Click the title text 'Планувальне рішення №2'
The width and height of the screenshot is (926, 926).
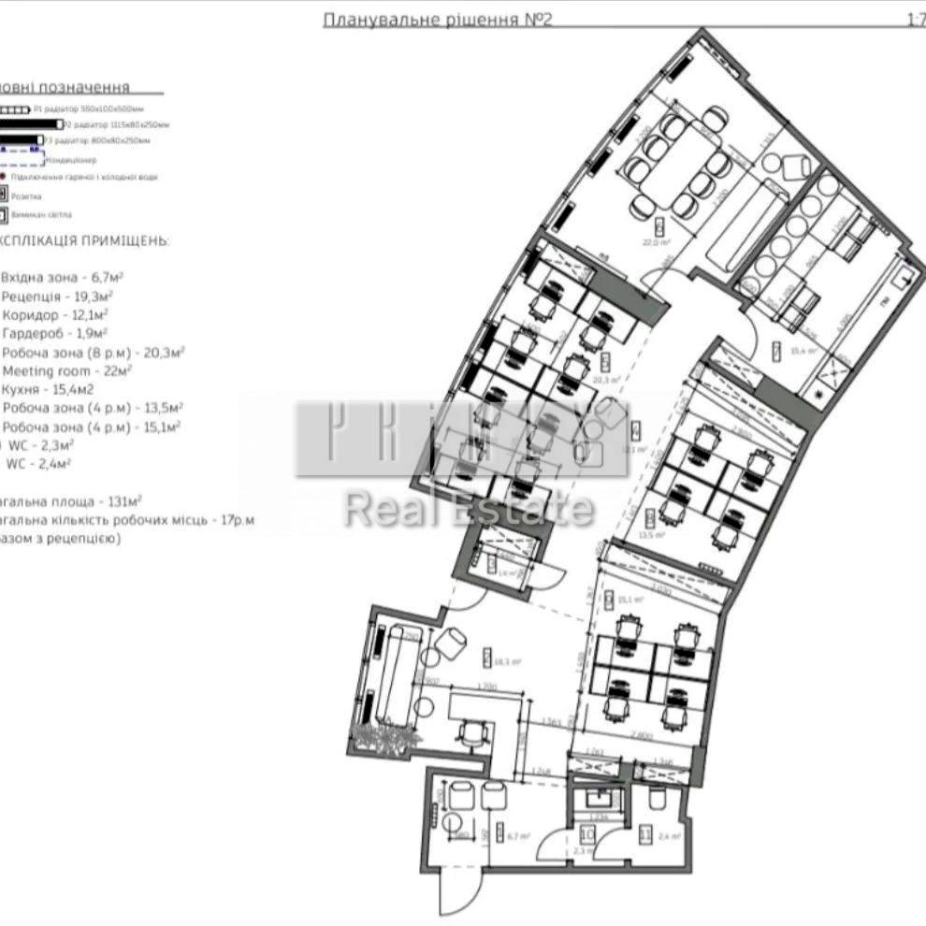[437, 20]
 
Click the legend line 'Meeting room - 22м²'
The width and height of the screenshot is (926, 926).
[66, 371]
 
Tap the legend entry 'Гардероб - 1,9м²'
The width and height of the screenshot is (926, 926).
[55, 334]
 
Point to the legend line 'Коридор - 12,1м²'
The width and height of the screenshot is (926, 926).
[55, 315]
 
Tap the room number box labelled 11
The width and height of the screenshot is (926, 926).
[645, 836]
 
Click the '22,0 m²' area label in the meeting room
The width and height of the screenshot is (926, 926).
[658, 241]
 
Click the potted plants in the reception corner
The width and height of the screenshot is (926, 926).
[383, 738]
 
